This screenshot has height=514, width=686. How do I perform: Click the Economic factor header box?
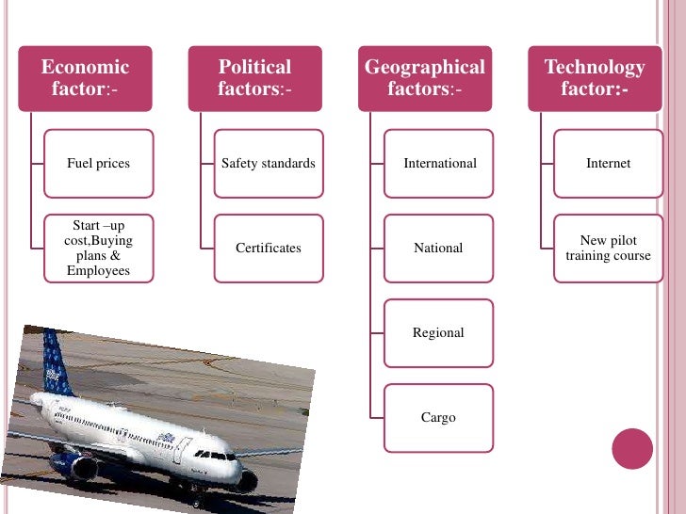[85, 78]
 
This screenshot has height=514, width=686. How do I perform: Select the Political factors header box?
[254, 78]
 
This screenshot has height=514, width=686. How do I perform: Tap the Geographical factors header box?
[424, 78]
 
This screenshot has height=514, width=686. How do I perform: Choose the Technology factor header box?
[595, 78]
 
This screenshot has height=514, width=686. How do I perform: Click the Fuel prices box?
[98, 164]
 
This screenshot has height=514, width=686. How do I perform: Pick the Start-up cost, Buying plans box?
[98, 249]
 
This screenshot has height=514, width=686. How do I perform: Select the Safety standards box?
[269, 164]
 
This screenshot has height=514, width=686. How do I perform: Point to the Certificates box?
[269, 249]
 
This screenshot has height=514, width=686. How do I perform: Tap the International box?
[439, 164]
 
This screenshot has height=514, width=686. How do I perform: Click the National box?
[439, 249]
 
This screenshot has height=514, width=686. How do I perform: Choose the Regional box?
[439, 333]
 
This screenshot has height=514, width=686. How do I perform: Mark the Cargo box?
[439, 417]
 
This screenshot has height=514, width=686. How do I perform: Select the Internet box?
[608, 164]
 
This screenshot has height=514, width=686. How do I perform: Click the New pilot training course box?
[608, 249]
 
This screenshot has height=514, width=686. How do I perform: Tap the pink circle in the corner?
[632, 449]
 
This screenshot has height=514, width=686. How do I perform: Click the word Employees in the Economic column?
[98, 271]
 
